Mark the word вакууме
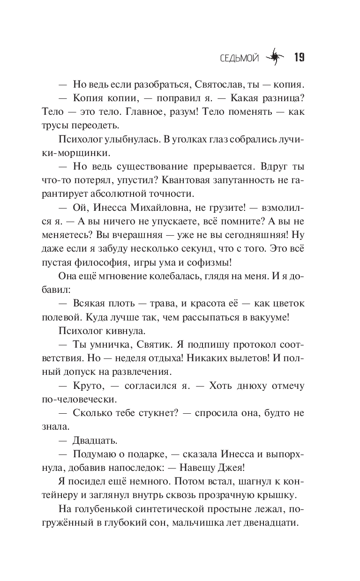[x=267, y=317]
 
